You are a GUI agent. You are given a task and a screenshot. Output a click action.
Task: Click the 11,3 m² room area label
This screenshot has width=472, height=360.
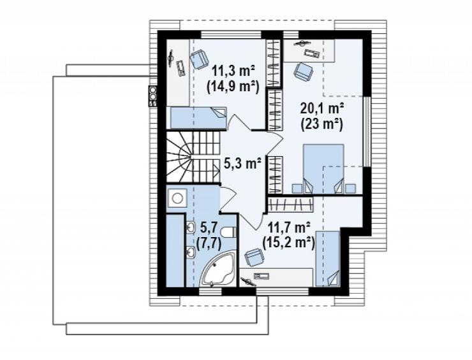(x=233, y=71)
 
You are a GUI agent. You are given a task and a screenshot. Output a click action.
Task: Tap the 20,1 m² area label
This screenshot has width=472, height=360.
(x=322, y=108)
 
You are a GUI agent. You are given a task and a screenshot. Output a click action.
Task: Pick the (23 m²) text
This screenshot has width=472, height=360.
(x=322, y=124)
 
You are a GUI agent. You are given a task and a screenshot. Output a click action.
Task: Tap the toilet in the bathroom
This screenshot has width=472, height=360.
(x=228, y=233)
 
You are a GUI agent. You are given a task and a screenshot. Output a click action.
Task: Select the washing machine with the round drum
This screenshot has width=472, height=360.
(x=177, y=198)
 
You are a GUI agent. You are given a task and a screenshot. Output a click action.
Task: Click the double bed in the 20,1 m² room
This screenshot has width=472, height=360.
(x=323, y=168)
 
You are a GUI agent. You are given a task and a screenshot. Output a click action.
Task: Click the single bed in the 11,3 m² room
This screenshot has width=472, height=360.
(x=198, y=118)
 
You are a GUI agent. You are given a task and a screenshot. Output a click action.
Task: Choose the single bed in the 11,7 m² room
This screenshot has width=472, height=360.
(x=328, y=259)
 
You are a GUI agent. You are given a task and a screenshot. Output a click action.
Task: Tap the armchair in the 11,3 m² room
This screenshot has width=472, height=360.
(x=199, y=59)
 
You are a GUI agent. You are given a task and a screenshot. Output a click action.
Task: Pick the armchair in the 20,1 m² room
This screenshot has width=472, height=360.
(x=304, y=71)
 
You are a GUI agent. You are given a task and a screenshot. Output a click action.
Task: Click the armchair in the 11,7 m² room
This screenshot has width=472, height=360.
(x=254, y=257)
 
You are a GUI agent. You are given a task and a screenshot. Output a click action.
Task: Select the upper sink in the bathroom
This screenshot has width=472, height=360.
(x=191, y=227)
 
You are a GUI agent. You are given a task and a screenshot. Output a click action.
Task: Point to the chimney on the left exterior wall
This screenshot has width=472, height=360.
(x=153, y=96)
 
